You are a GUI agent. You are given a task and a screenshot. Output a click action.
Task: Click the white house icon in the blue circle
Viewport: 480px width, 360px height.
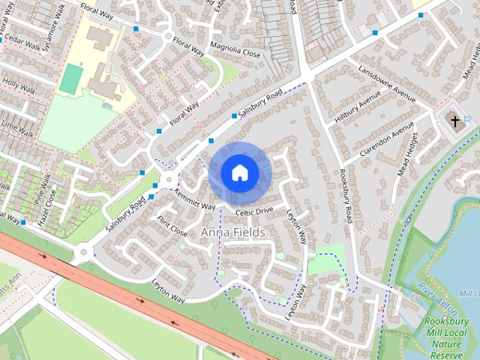coord(239,172)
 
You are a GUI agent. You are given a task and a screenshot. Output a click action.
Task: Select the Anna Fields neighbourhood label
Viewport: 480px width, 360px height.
coord(232,232)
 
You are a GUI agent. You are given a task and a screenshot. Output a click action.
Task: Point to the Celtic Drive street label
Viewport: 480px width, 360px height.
coord(254,212)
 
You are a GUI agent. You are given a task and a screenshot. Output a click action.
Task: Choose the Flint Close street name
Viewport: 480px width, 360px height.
coord(172,226)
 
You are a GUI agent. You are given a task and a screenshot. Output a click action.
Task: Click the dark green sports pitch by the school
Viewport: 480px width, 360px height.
coord(70,79)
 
